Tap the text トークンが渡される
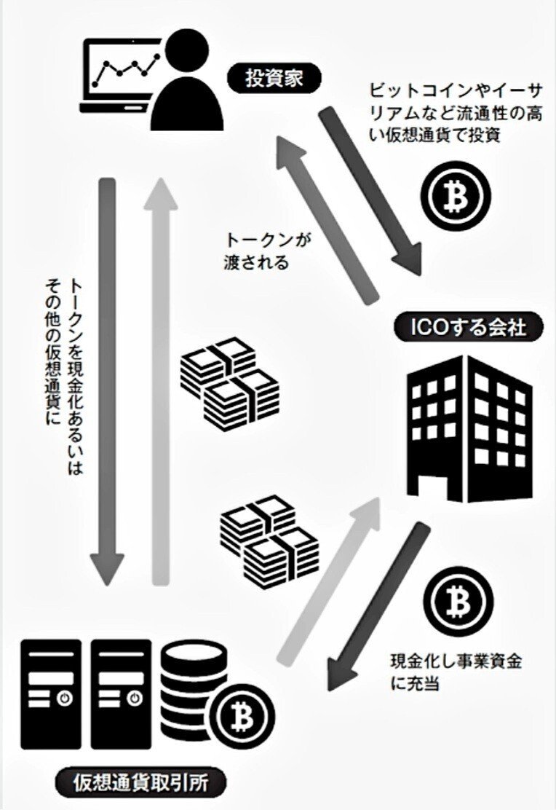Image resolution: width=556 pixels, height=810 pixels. click(x=257, y=251)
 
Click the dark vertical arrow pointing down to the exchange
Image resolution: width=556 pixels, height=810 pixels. click(x=107, y=379)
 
